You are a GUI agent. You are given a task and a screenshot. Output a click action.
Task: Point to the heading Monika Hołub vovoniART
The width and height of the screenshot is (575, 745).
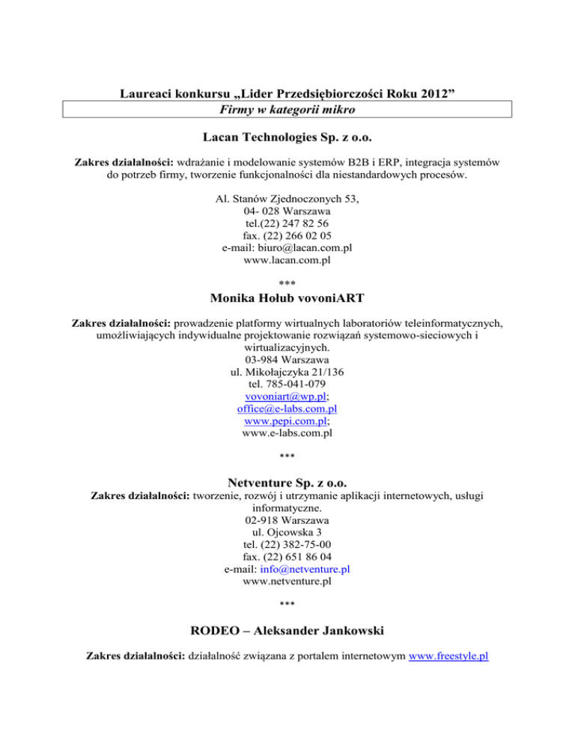coord(287,298)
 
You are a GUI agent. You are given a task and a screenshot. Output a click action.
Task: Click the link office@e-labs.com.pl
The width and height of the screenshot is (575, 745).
coord(287,409)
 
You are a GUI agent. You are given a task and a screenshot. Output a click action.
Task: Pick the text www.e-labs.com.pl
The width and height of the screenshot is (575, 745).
coord(287,436)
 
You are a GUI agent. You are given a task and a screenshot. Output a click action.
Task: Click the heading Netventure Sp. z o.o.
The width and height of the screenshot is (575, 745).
coord(287,483)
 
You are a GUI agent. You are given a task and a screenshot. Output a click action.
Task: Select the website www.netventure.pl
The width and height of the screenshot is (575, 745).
coord(287,582)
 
